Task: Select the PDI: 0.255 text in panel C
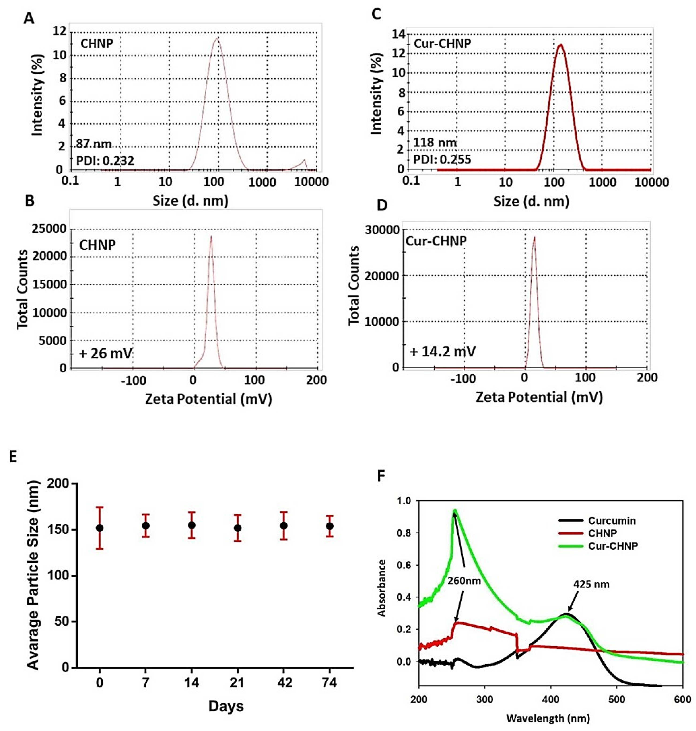[x=442, y=160]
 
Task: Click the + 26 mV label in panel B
[x=105, y=353]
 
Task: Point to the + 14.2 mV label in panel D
[x=442, y=351]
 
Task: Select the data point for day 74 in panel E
[x=329, y=526]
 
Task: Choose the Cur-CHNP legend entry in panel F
[x=613, y=546]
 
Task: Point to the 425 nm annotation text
[x=591, y=584]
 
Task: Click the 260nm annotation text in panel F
[x=464, y=581]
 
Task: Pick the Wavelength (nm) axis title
[x=548, y=718]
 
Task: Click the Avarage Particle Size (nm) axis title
[x=33, y=575]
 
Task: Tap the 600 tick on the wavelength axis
[x=683, y=700]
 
